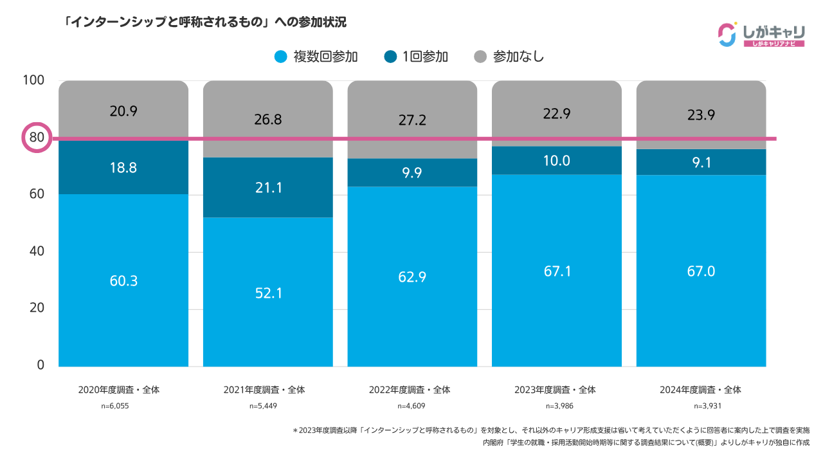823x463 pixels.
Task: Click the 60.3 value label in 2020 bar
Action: point(123,281)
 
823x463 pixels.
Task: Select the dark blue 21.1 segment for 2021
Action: point(268,188)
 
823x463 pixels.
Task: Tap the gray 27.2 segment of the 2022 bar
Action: point(413,120)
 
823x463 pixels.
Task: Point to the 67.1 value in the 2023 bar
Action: point(557,271)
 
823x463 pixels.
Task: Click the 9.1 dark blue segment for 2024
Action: point(701,163)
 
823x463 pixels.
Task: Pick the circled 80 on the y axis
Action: point(37,138)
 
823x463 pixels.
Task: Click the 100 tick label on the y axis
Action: point(33,80)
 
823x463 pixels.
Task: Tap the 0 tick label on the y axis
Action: point(40,365)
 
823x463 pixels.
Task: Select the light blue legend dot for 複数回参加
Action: point(280,57)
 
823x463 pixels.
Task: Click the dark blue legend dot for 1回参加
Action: point(390,57)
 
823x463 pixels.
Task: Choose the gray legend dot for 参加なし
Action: point(480,57)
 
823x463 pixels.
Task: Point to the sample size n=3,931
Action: point(700,406)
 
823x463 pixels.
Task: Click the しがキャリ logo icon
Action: point(727,35)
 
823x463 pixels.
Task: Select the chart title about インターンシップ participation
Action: point(205,23)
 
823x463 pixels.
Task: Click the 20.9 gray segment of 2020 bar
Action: point(123,111)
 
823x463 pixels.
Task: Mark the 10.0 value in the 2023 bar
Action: point(557,161)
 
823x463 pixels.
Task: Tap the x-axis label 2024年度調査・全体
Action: point(700,390)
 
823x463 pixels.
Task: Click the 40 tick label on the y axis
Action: point(36,251)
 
